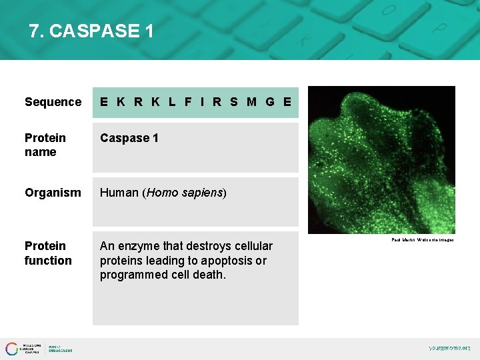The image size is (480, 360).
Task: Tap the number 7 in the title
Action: (x=34, y=31)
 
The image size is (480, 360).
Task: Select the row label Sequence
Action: (x=53, y=102)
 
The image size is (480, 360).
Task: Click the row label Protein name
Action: (x=45, y=145)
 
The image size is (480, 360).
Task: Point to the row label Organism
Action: (x=53, y=193)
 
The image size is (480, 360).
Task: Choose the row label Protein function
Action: (x=48, y=253)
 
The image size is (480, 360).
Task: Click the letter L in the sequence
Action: (x=172, y=102)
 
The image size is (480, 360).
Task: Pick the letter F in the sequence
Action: (x=188, y=102)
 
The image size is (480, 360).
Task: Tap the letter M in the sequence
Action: (x=251, y=102)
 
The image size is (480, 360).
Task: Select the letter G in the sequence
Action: (x=269, y=102)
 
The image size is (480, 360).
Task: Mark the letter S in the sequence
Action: (x=233, y=102)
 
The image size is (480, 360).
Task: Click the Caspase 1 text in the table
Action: (x=129, y=138)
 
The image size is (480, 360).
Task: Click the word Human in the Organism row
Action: (x=119, y=193)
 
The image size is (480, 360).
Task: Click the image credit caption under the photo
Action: (x=422, y=240)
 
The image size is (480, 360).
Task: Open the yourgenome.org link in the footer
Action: (x=449, y=348)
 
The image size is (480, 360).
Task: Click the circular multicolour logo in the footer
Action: (x=12, y=349)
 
